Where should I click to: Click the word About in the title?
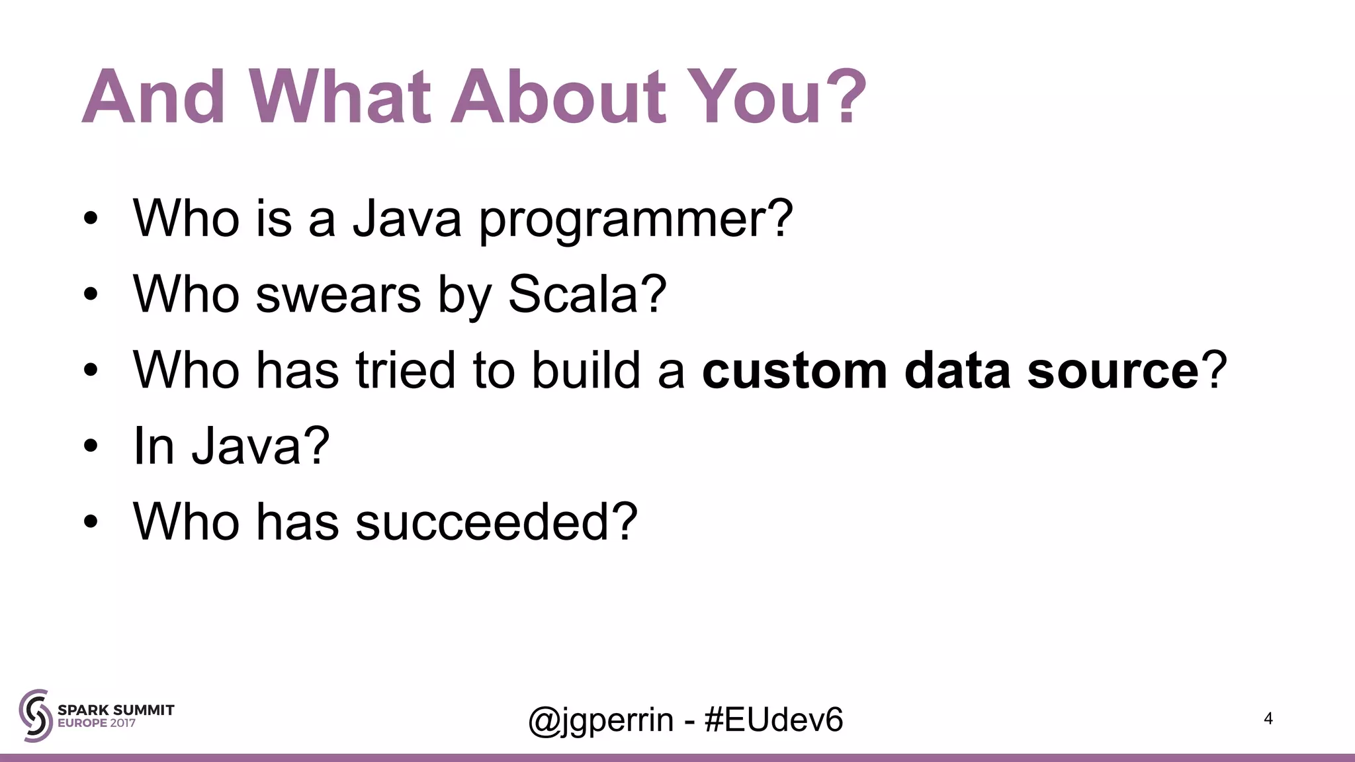[x=558, y=97]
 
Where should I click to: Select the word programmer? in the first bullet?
[x=635, y=220]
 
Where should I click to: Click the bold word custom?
[x=794, y=370]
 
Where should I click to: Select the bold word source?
[x=1113, y=370]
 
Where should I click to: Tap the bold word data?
[x=957, y=370]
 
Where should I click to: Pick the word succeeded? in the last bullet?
[x=496, y=522]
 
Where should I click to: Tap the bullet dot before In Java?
[x=91, y=447]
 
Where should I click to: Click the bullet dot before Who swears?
[x=91, y=295]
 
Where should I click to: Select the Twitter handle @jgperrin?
[x=601, y=720]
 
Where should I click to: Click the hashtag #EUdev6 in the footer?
[x=774, y=720]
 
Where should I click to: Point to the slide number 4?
[x=1268, y=718]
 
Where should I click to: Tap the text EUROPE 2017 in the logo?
[x=97, y=724]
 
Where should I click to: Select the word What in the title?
[x=340, y=97]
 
